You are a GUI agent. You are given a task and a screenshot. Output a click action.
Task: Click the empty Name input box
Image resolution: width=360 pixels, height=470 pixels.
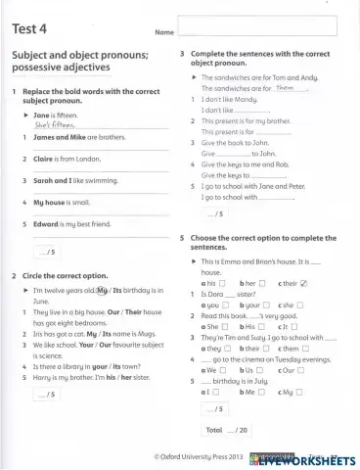tap(257, 26)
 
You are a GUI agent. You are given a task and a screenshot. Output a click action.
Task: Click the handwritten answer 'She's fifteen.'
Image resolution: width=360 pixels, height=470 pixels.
tap(55, 125)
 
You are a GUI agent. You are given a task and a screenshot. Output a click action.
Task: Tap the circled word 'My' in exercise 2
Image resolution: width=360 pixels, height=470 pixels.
tap(103, 291)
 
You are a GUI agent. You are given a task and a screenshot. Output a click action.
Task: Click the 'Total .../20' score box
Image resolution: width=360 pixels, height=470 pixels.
tap(225, 430)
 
